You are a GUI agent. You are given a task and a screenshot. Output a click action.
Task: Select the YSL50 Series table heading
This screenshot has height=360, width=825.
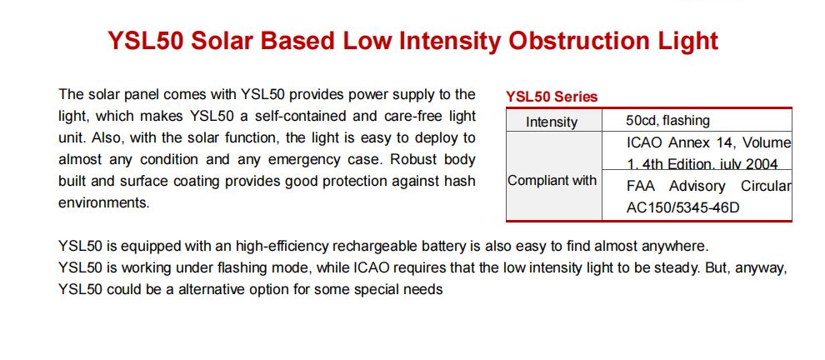point(552,97)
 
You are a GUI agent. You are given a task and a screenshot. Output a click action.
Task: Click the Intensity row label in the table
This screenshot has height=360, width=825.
point(552,122)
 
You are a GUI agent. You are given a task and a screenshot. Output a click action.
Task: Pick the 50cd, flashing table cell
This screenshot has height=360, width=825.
point(667,121)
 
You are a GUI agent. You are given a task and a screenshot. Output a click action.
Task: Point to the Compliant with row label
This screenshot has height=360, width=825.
point(552,181)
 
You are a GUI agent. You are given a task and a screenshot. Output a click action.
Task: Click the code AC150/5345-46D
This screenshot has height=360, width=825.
point(682,207)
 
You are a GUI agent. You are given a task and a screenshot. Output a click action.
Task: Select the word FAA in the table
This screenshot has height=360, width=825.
point(640,187)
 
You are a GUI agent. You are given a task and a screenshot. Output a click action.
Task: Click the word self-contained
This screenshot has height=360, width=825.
point(301,116)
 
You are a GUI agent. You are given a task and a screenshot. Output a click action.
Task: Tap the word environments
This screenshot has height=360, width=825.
point(104,202)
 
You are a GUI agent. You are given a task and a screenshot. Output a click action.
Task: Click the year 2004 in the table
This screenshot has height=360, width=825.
point(762,165)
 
